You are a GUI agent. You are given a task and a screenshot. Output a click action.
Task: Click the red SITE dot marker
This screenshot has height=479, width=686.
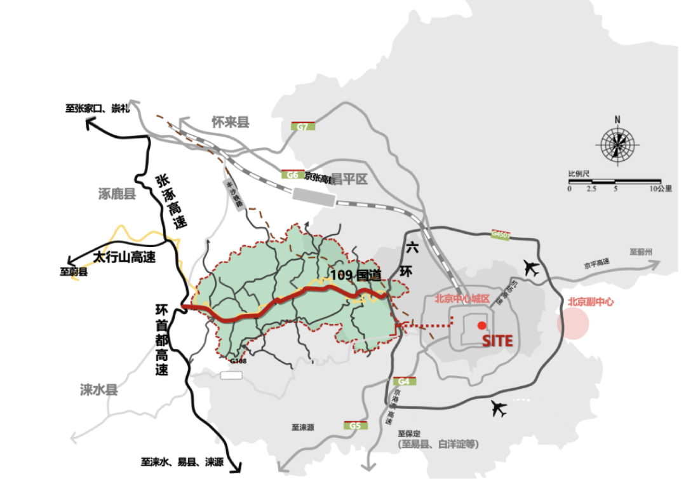tap(481, 325)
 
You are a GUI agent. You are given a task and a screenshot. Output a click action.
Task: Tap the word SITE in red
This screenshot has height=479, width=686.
tap(497, 341)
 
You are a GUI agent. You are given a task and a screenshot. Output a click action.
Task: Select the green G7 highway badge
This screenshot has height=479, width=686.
tap(302, 127)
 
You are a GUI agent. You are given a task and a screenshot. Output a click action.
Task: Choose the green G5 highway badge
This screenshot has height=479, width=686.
tap(353, 425)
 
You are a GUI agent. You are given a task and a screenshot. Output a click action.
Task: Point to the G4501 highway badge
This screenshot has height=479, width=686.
tap(501, 234)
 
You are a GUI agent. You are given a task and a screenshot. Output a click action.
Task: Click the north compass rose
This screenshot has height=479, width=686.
tap(617, 143)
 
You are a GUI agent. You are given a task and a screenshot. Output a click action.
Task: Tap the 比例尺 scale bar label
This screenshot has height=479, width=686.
tap(579, 173)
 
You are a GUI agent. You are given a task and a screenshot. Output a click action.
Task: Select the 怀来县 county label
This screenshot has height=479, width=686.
tap(231, 122)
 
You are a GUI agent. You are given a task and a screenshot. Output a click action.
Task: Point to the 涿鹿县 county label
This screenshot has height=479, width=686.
tap(118, 194)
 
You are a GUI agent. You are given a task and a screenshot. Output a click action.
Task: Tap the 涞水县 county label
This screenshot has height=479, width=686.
tap(99, 389)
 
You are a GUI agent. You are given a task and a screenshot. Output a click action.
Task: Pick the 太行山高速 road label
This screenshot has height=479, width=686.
tap(124, 257)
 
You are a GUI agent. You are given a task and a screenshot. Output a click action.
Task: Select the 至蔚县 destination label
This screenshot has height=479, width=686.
tap(74, 271)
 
